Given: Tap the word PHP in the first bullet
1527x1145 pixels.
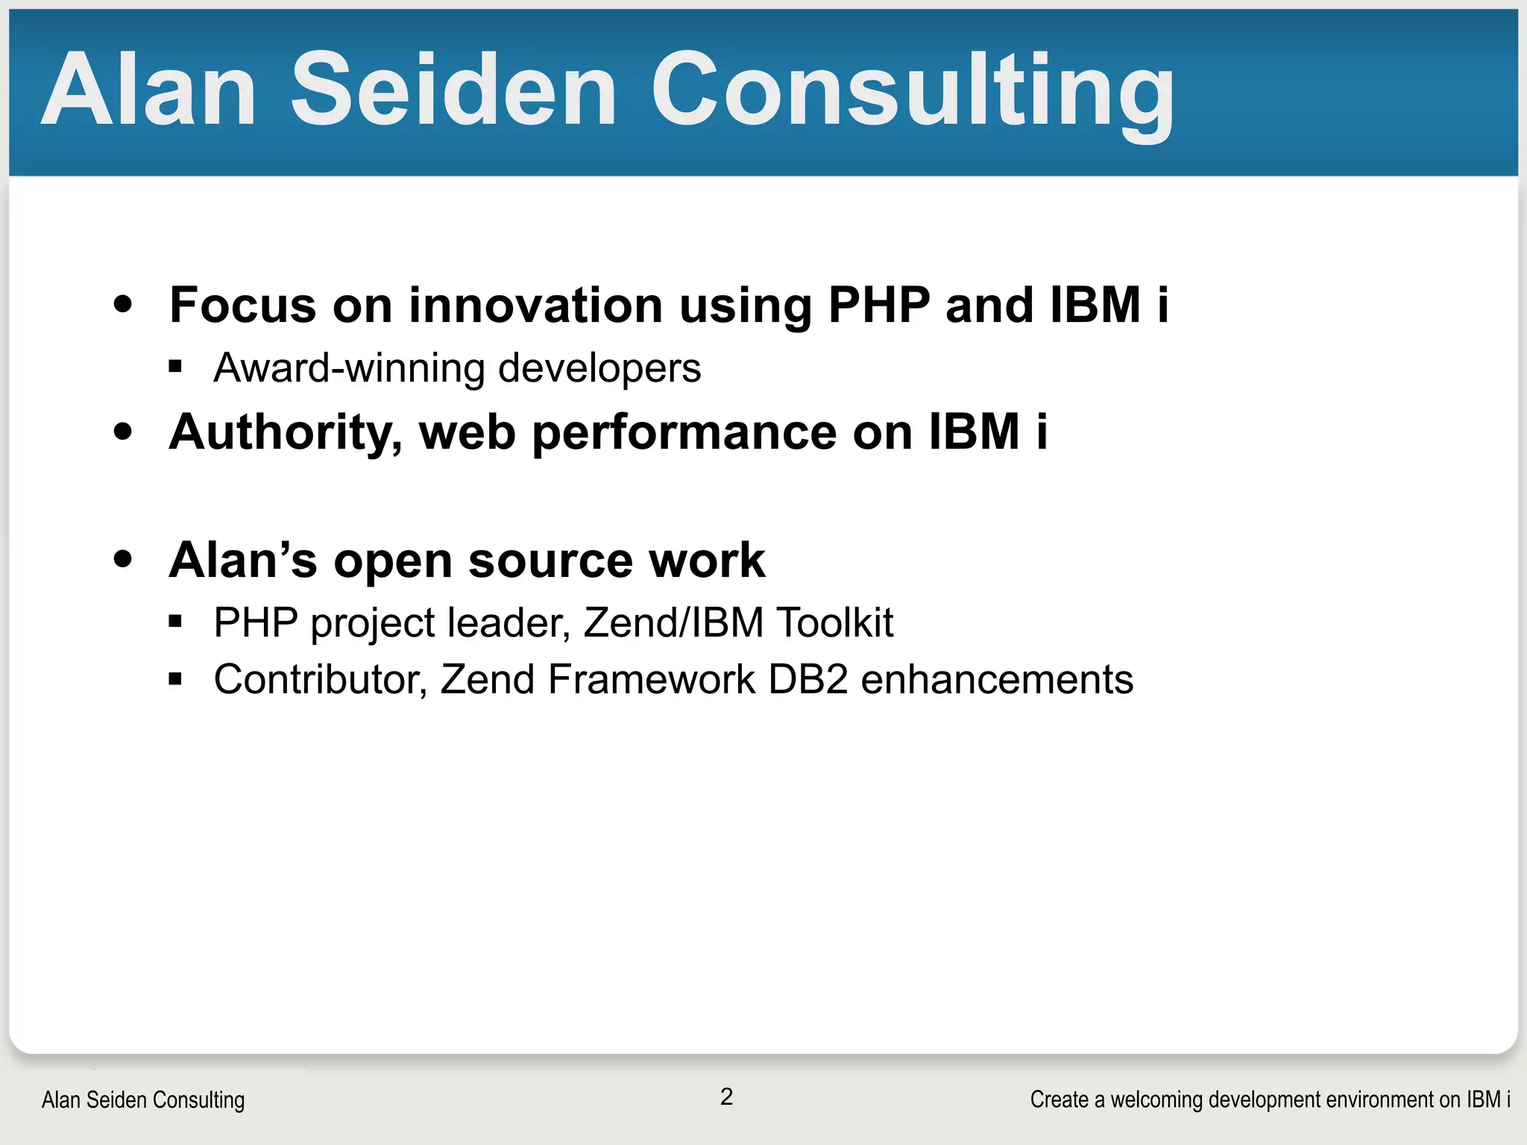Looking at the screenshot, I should tap(879, 305).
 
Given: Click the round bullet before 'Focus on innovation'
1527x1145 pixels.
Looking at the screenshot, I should tap(123, 304).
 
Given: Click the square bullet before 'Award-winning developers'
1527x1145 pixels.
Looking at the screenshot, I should tap(175, 366).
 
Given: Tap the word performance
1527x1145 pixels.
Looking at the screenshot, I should tap(684, 432).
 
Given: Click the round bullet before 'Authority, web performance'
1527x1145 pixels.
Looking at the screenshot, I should tap(123, 432).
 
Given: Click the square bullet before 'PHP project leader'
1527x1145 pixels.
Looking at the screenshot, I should tap(175, 621).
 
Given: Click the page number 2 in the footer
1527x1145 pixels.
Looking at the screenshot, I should tap(726, 1097).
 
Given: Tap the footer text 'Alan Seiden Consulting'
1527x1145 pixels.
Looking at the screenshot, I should tap(143, 1100).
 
